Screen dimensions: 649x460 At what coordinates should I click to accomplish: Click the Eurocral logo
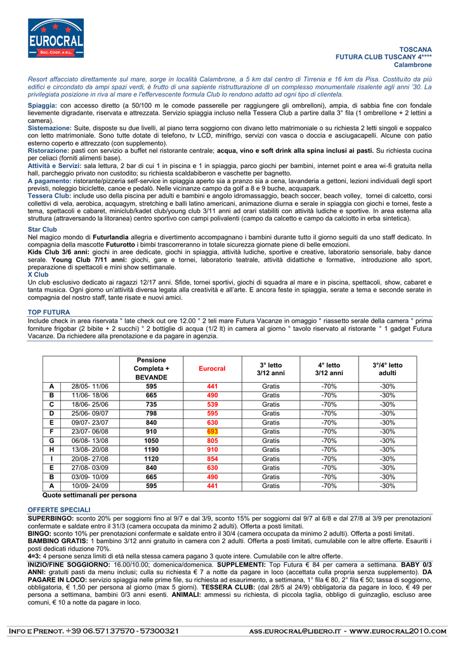coord(56,38)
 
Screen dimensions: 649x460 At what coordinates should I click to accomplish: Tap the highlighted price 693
coord(212,431)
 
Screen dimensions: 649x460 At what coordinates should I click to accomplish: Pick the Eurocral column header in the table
coord(212,368)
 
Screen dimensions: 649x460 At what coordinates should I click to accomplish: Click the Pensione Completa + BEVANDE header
coord(151,368)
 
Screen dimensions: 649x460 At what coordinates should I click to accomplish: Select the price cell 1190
coord(151,449)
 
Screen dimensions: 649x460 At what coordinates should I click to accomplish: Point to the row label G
coord(51,440)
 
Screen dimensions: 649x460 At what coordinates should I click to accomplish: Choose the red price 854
coord(212,458)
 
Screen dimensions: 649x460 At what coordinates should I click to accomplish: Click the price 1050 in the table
coord(151,440)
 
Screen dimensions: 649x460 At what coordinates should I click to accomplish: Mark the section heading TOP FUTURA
coord(49,312)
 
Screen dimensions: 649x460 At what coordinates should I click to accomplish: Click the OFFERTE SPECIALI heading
coord(60,510)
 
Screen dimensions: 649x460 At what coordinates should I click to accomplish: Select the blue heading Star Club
coord(43,229)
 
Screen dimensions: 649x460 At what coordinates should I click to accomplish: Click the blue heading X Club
coord(38,274)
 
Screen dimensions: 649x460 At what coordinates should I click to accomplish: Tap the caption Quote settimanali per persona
coord(89,495)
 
